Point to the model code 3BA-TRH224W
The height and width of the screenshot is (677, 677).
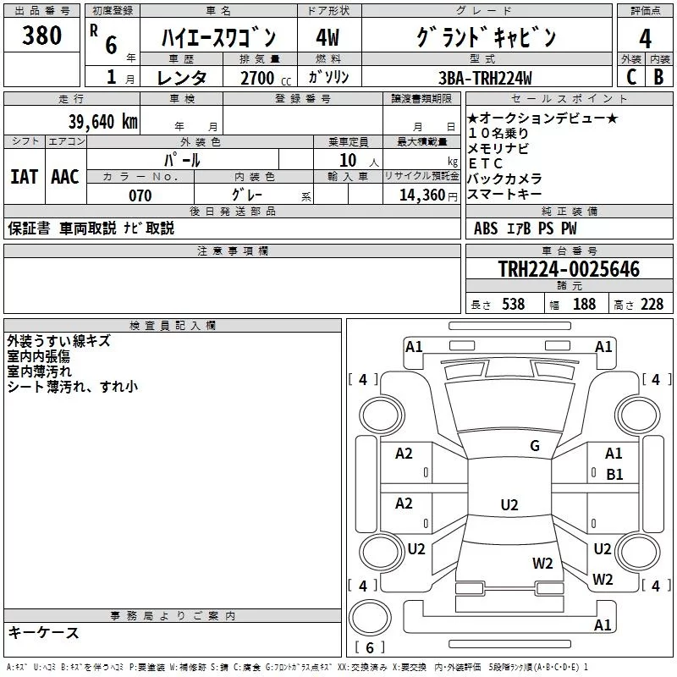pyautogui.click(x=486, y=78)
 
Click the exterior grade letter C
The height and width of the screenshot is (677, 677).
pyautogui.click(x=630, y=77)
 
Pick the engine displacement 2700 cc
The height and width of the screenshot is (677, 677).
pyautogui.click(x=252, y=78)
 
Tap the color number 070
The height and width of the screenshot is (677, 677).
pyautogui.click(x=140, y=195)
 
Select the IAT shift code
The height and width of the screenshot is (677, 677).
pyautogui.click(x=24, y=176)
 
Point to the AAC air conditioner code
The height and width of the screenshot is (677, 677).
pyautogui.click(x=64, y=176)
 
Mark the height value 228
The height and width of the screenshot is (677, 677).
pyautogui.click(x=652, y=304)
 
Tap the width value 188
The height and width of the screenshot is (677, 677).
pyautogui.click(x=584, y=304)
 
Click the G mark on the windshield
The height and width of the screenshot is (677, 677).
pyautogui.click(x=534, y=446)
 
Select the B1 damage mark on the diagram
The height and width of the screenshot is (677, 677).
pyautogui.click(x=614, y=475)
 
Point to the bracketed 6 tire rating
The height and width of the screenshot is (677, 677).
pyautogui.click(x=370, y=647)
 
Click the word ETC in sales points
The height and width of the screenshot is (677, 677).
pyautogui.click(x=485, y=163)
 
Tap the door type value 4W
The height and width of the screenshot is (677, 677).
pyautogui.click(x=327, y=38)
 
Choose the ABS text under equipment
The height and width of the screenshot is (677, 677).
pyautogui.click(x=486, y=228)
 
